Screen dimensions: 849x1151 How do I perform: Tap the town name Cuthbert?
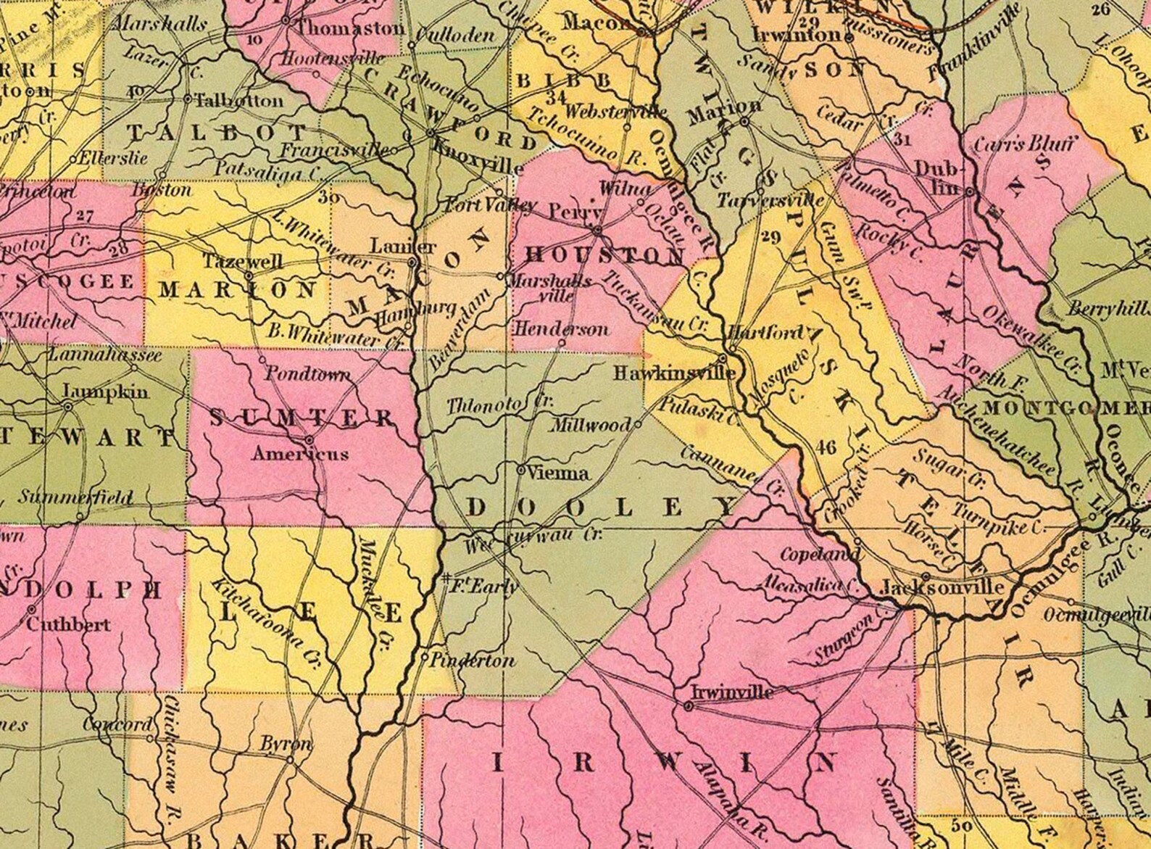pyautogui.click(x=70, y=624)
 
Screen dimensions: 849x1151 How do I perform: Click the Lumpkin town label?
pyautogui.click(x=106, y=392)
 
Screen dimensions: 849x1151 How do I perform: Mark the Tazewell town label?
pyautogui.click(x=241, y=260)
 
